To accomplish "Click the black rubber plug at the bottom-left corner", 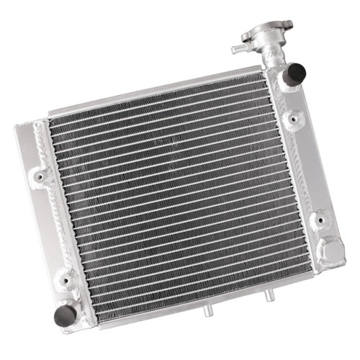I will point(65,314).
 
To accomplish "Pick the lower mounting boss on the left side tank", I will point(66,277).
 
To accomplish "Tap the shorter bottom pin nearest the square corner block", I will point(267,294).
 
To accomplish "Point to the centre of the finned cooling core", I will point(176,202).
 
